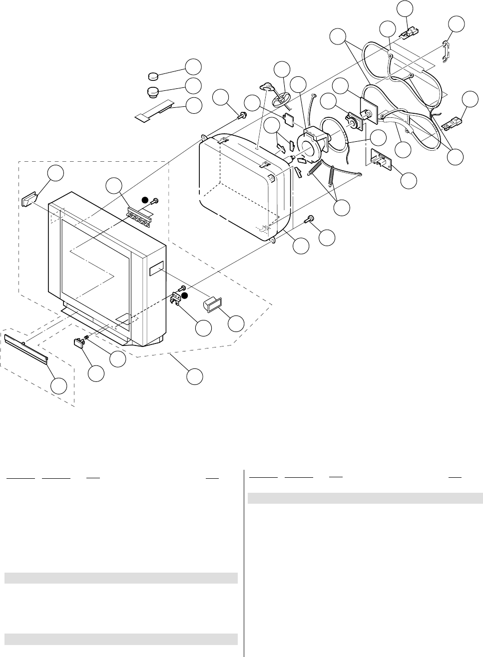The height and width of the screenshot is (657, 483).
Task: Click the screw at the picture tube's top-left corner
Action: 243,116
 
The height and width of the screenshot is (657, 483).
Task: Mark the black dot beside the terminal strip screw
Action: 144,200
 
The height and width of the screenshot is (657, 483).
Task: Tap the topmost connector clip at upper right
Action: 409,33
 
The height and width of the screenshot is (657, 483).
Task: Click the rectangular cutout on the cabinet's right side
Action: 155,270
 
